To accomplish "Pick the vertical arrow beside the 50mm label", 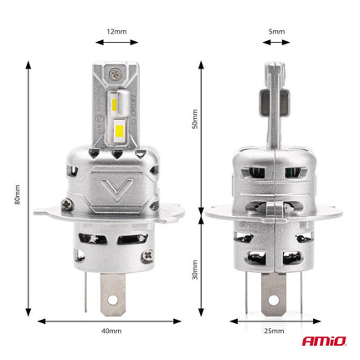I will click(x=203, y=135).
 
